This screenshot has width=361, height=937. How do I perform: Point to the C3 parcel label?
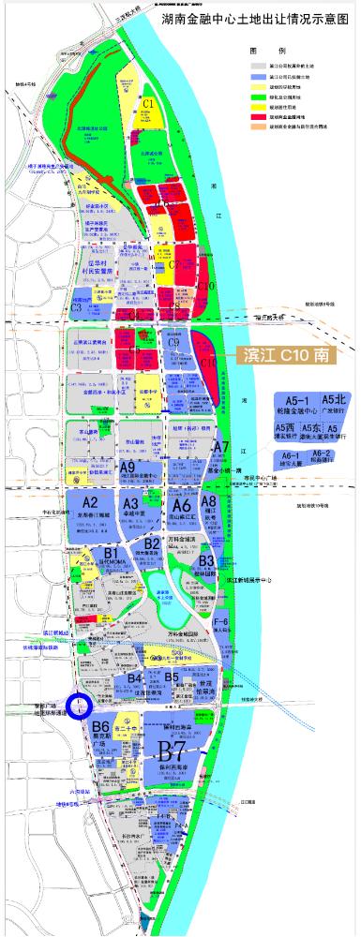coord(77,280)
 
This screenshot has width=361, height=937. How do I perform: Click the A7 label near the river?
coord(221,448)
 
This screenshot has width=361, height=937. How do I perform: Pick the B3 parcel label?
coord(207,560)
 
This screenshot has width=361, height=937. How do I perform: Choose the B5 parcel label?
coord(172,677)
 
